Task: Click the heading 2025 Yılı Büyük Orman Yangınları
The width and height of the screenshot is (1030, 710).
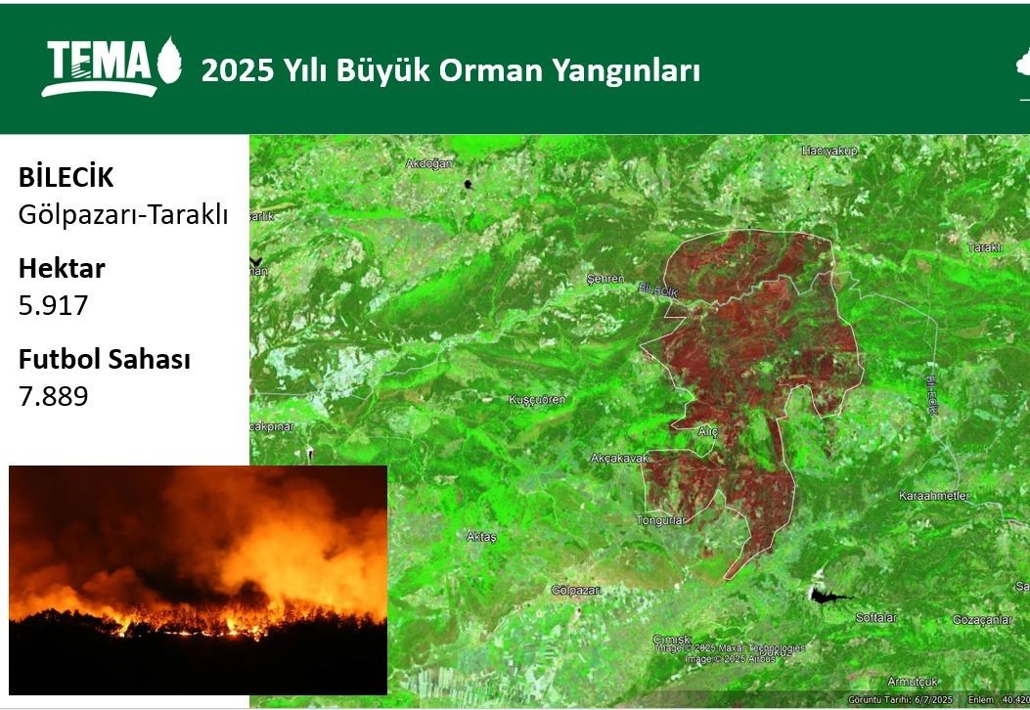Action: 451,70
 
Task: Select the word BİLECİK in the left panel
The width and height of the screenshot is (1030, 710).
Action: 66,178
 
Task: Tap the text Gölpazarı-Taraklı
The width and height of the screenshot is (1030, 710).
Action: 122,215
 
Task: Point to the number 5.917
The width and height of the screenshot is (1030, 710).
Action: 53,306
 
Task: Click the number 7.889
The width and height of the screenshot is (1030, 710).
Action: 53,396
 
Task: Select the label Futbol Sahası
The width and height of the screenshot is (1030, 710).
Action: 104,359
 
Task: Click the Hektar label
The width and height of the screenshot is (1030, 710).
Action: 62,268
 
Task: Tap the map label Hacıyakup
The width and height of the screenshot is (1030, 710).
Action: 828,151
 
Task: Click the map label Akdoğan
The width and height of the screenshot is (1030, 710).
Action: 428,163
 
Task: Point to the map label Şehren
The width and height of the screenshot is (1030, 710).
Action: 605,279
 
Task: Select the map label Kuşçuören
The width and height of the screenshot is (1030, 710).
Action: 537,400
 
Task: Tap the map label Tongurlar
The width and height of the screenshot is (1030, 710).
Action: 661,520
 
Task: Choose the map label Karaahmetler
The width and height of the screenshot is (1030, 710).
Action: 933,496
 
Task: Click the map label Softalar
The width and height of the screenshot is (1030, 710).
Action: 875,617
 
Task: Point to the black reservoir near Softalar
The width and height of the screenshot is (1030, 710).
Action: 825,595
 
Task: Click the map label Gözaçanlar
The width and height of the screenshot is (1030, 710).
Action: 982,620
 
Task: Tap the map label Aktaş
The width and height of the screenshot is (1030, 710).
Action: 482,537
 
